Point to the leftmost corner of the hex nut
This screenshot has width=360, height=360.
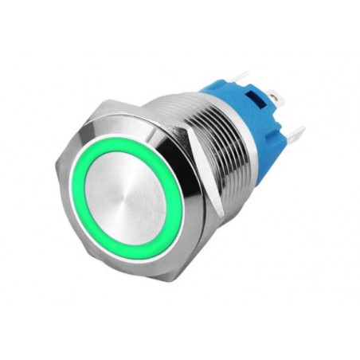pyautogui.click(x=57, y=171)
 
